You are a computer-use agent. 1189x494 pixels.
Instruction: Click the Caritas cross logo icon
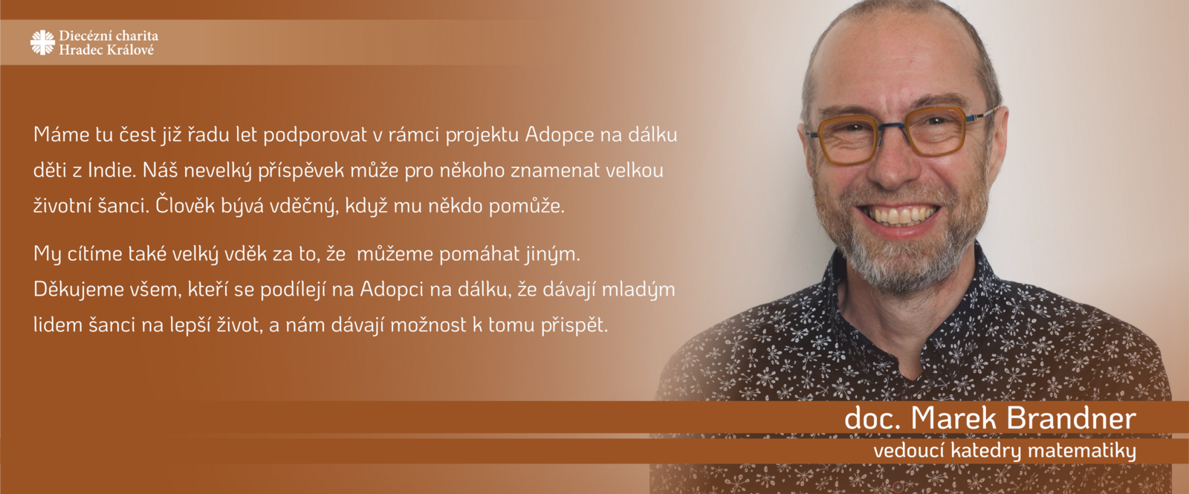pos(42,42)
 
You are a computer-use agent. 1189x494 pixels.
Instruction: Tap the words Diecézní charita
pos(108,36)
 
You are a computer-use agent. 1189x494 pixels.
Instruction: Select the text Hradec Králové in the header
pos(106,50)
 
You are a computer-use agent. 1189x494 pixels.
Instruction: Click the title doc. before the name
pos(873,418)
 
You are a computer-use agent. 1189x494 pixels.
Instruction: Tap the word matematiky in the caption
pos(1082,451)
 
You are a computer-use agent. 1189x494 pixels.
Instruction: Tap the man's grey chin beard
pos(897,265)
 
